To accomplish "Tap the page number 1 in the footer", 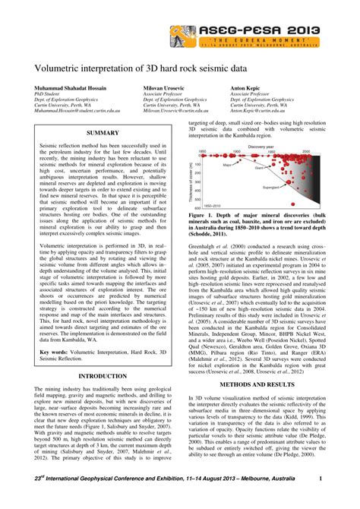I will point(321,498).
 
